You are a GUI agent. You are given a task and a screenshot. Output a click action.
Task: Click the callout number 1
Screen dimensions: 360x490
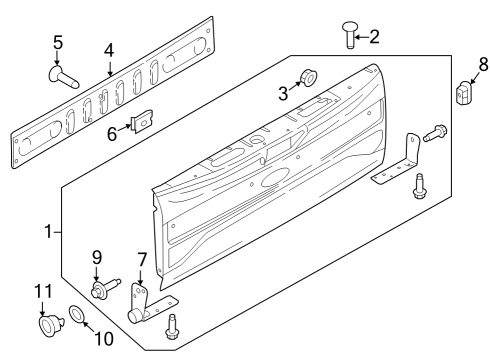[47, 232]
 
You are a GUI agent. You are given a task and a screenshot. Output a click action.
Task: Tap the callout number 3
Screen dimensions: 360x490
[283, 95]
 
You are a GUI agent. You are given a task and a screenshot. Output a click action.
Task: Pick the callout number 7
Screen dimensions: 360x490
[141, 262]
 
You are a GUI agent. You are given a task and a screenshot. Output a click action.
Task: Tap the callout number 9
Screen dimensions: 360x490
[98, 257]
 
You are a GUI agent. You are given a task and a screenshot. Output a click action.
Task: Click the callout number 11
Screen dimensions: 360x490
[41, 292]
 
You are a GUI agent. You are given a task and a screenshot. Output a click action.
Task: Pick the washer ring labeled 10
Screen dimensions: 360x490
[77, 318]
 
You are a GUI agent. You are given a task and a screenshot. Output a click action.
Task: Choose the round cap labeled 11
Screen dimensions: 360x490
[45, 325]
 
